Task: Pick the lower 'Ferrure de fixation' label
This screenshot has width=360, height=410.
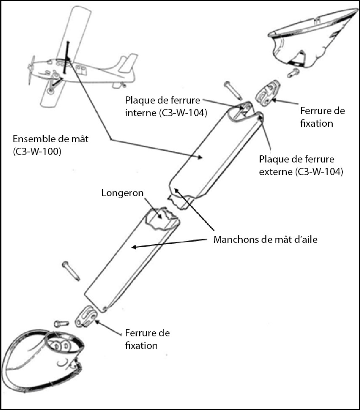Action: point(147,339)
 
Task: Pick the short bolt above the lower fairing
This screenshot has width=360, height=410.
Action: point(61,324)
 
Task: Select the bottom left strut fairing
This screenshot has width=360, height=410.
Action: point(42,358)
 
